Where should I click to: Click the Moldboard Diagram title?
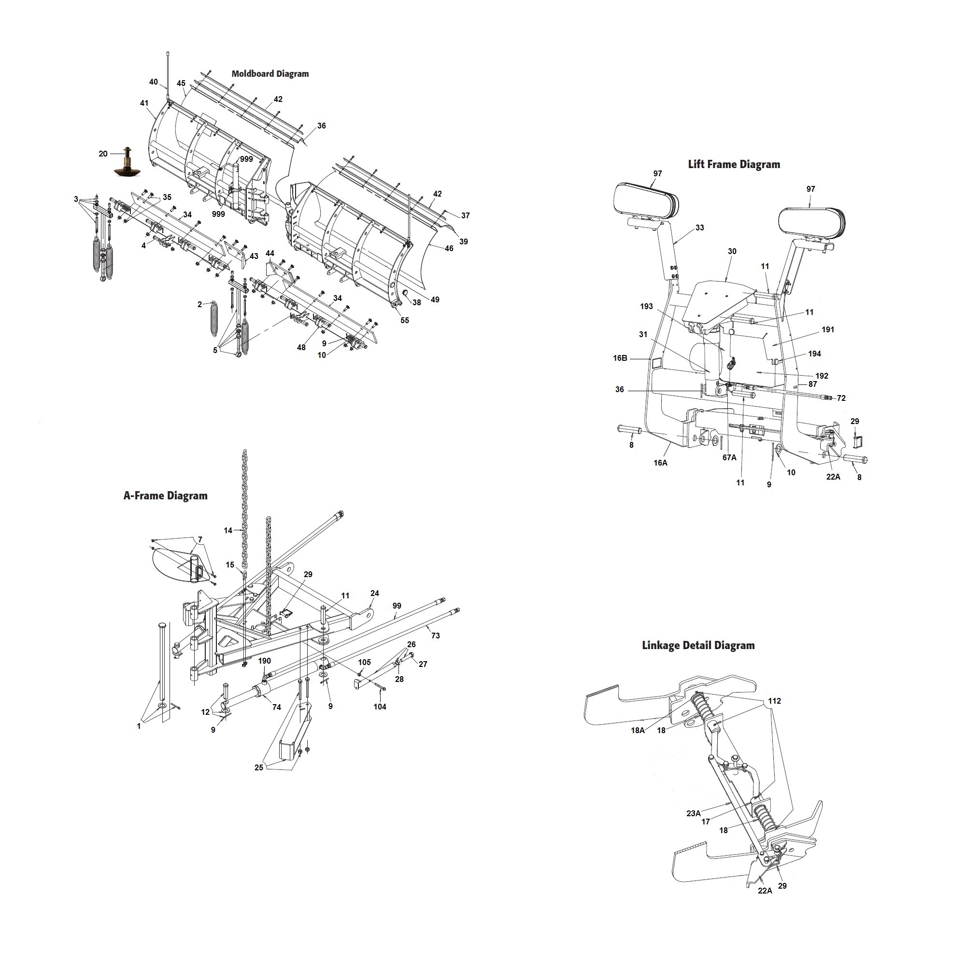click(x=270, y=74)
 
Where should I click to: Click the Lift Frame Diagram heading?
click(x=734, y=165)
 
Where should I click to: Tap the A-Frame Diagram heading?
click(x=166, y=496)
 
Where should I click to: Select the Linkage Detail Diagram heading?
click(x=698, y=646)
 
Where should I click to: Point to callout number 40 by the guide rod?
click(x=154, y=82)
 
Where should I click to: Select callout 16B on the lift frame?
click(x=620, y=358)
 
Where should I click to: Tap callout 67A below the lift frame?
click(x=729, y=457)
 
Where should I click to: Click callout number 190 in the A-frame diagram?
click(x=265, y=661)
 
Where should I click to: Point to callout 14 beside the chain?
click(x=228, y=530)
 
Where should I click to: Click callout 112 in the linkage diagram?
click(x=775, y=701)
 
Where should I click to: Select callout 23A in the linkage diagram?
click(x=693, y=813)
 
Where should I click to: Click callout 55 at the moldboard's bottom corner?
click(x=404, y=321)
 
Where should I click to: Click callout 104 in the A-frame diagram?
click(x=380, y=707)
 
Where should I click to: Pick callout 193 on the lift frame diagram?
click(x=647, y=307)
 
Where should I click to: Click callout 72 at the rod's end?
click(x=841, y=398)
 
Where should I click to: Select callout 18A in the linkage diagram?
click(x=638, y=731)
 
